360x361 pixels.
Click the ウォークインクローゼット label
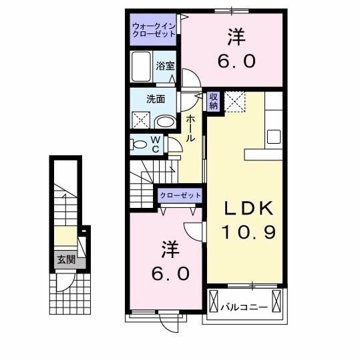[154, 30]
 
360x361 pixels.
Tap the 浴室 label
[164, 66]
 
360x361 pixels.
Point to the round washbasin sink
[165, 122]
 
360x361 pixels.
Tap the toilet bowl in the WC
[139, 143]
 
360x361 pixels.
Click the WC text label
[154, 144]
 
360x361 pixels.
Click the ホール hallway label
[190, 128]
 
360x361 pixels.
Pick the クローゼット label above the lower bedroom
[180, 195]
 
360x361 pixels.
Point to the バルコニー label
[244, 308]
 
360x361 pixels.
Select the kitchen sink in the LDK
[275, 136]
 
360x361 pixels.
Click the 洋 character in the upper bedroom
[235, 34]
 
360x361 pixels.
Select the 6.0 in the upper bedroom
[235, 61]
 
